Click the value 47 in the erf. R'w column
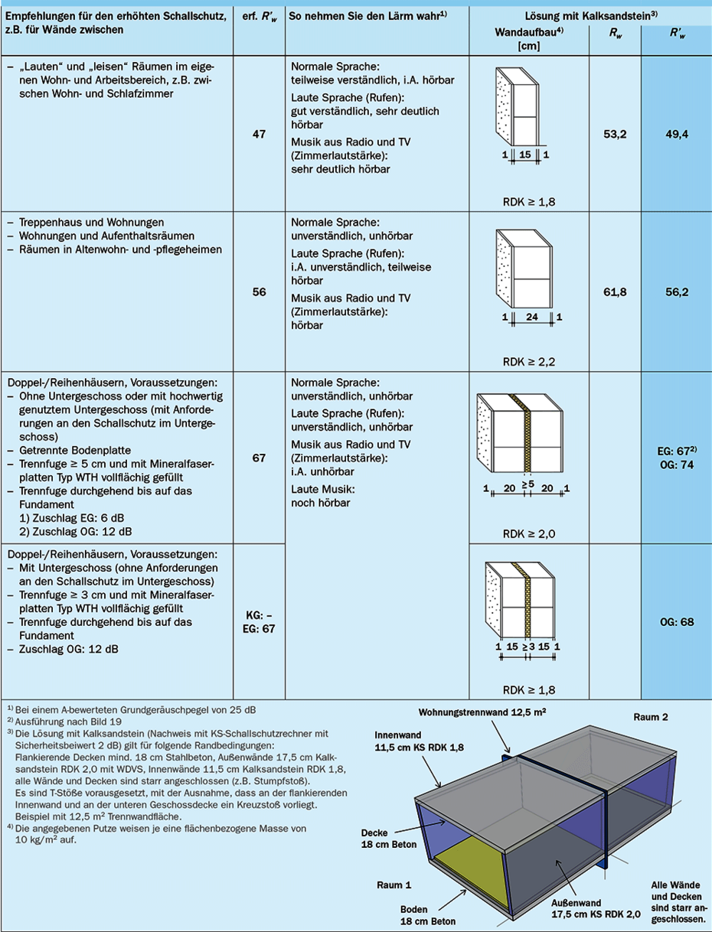259,135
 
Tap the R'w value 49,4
676,135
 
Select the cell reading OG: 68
676,622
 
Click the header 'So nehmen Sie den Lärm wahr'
364,15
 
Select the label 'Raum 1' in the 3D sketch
394,885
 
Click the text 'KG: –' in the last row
259,615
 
